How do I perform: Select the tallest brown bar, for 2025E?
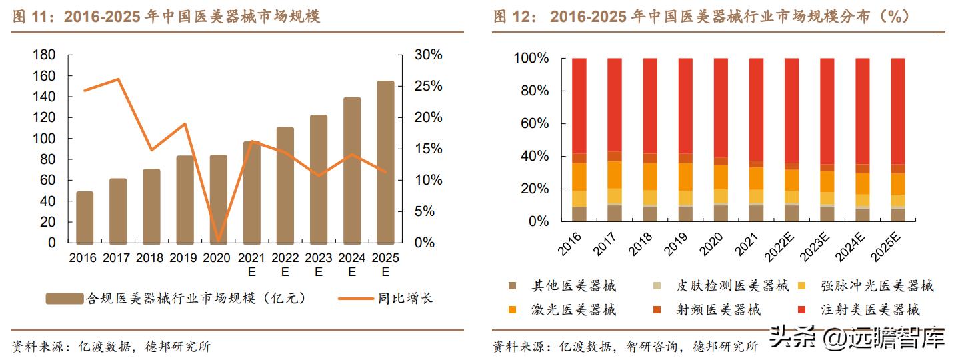(x=385, y=163)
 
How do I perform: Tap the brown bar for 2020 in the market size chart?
(x=218, y=199)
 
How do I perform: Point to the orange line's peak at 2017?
(x=118, y=79)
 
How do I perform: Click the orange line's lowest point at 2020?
(x=218, y=241)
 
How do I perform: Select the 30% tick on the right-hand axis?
(x=428, y=55)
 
